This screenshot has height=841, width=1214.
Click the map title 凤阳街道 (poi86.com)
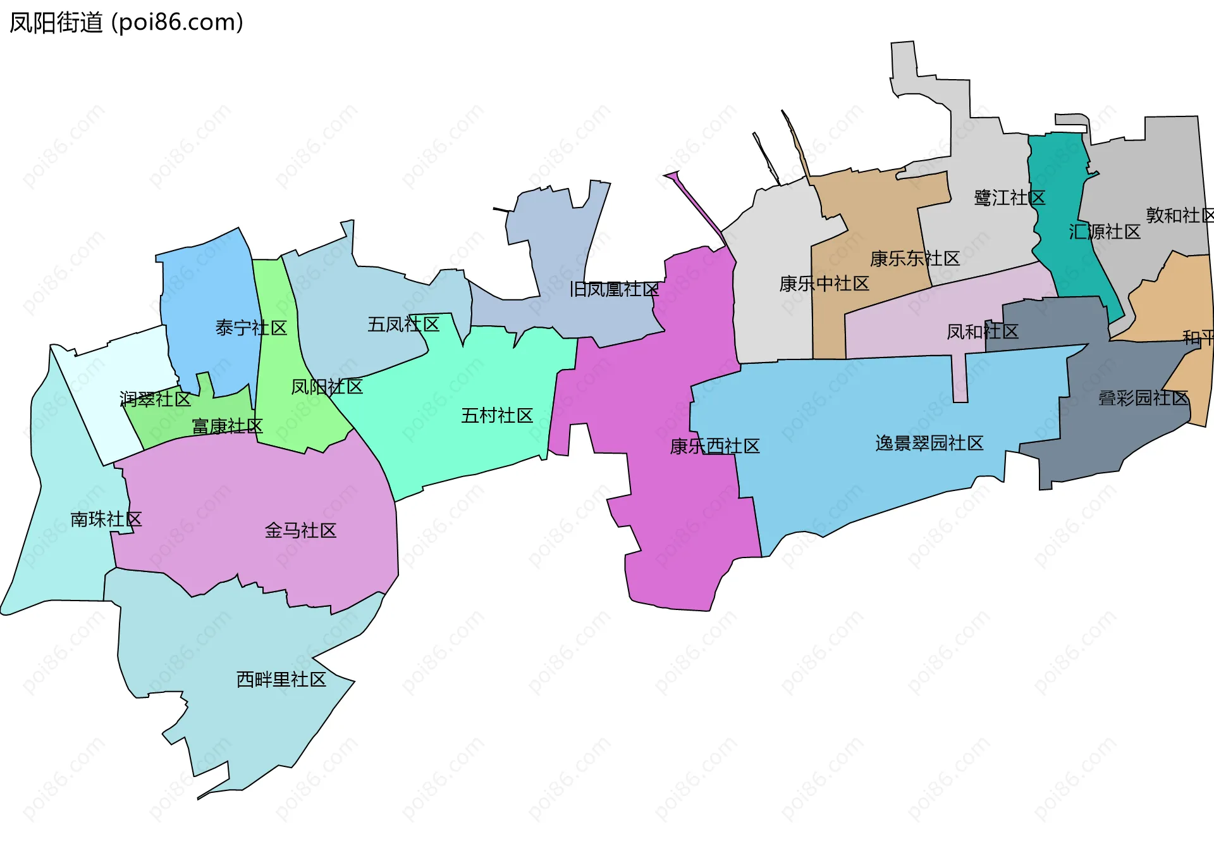pyautogui.click(x=126, y=23)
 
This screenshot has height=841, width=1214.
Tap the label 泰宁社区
pyautogui.click(x=251, y=328)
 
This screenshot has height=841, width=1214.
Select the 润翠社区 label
pyautogui.click(x=156, y=399)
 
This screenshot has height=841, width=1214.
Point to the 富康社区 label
pyautogui.click(x=227, y=426)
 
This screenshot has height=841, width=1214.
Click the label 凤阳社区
pyautogui.click(x=327, y=387)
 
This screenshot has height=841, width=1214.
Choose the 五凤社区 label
pyautogui.click(x=403, y=325)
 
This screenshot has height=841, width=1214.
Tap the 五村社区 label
pyautogui.click(x=497, y=416)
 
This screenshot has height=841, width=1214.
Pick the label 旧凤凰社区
pyautogui.click(x=614, y=289)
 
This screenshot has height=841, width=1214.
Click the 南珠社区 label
pyautogui.click(x=106, y=519)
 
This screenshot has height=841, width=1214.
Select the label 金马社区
pyautogui.click(x=300, y=530)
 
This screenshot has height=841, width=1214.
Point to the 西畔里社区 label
pyautogui.click(x=281, y=680)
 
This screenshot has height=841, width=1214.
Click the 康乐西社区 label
pyautogui.click(x=714, y=446)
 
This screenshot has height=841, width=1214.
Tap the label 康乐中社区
pyautogui.click(x=824, y=283)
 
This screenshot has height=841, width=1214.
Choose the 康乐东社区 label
pyautogui.click(x=915, y=258)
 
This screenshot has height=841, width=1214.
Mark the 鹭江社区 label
pyautogui.click(x=1009, y=198)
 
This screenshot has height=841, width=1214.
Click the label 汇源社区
pyautogui.click(x=1105, y=232)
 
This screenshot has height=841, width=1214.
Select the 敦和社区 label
pyautogui.click(x=1179, y=215)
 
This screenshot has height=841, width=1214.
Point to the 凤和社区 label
pyautogui.click(x=982, y=332)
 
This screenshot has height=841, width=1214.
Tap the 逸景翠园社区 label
pyautogui.click(x=929, y=443)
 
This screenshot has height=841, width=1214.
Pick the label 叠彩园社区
pyautogui.click(x=1143, y=398)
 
